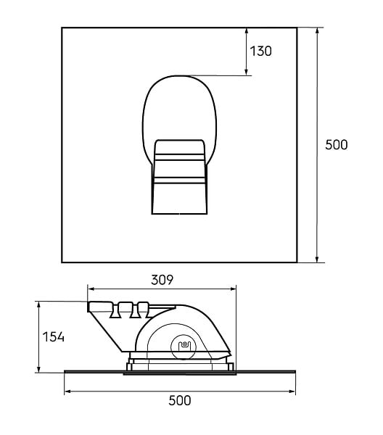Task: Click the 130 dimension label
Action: (x=260, y=51)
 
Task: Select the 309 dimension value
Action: (x=162, y=280)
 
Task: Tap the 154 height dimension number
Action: (x=53, y=337)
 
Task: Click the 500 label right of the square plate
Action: (x=337, y=145)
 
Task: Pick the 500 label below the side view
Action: (x=180, y=400)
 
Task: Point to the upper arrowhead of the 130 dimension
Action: (x=246, y=30)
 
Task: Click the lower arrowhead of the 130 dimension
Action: (x=246, y=72)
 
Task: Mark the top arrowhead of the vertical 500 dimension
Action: (x=317, y=31)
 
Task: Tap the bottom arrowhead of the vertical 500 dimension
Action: (x=317, y=259)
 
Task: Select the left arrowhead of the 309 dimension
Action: (x=91, y=289)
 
